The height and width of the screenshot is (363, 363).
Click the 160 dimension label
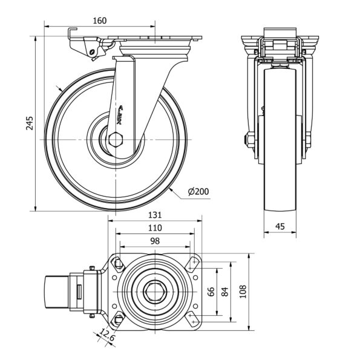click(99, 21)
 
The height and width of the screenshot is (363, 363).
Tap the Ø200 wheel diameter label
click(198, 192)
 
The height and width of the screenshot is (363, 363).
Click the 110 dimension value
click(155, 228)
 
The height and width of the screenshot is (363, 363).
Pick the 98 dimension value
click(155, 241)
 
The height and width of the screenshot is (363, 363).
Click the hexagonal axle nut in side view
click(117, 141)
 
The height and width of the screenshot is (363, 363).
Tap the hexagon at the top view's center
click(155, 293)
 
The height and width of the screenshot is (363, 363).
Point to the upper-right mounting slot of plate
click(193, 264)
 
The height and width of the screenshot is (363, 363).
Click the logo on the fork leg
click(119, 114)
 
